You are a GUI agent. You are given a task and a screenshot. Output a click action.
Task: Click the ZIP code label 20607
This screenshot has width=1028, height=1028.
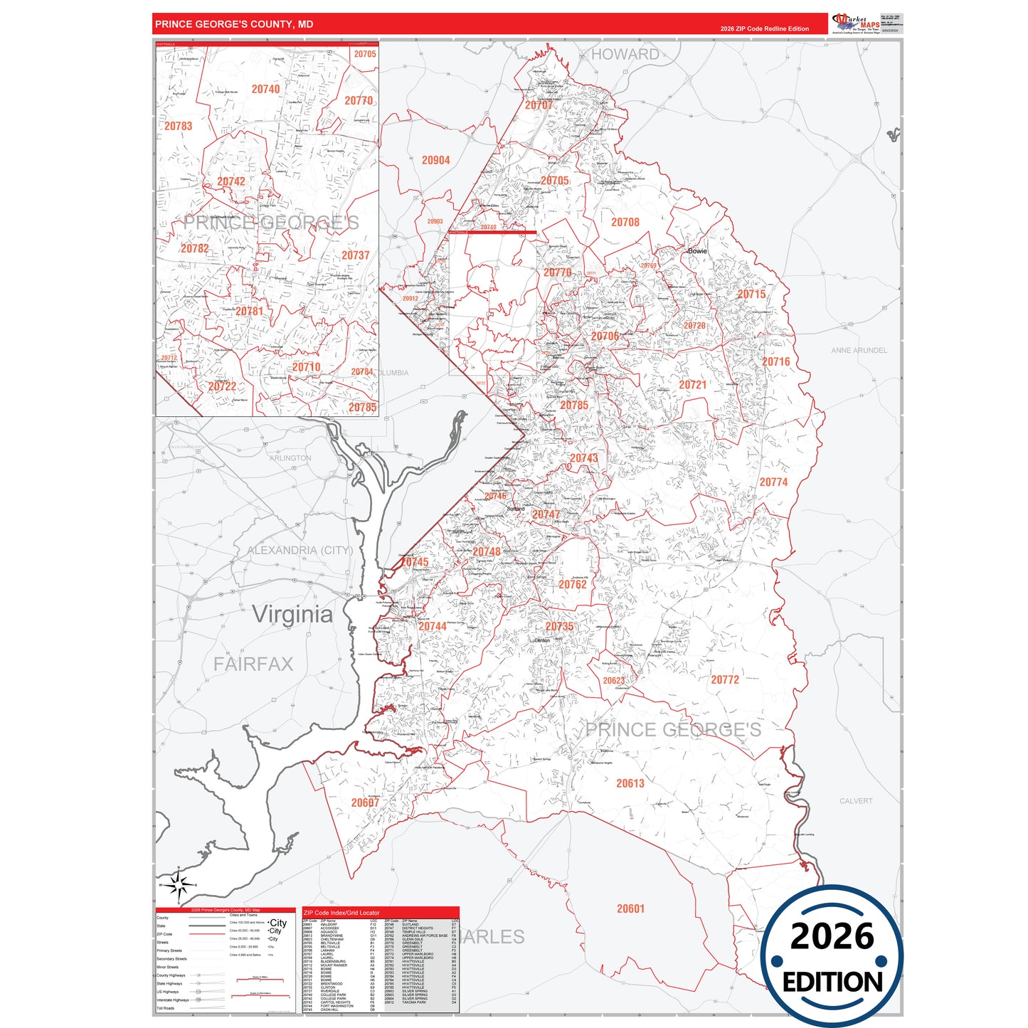pyautogui.click(x=365, y=802)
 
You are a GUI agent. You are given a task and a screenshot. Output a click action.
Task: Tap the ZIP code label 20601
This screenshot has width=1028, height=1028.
pyautogui.click(x=630, y=908)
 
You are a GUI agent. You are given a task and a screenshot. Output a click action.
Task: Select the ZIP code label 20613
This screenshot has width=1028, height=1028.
pyautogui.click(x=630, y=783)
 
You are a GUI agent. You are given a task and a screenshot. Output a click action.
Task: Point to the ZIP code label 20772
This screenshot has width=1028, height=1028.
pyautogui.click(x=725, y=679)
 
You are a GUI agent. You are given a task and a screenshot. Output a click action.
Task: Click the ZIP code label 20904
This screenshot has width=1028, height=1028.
pyautogui.click(x=435, y=160)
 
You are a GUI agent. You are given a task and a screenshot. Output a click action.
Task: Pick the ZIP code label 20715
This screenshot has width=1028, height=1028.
pyautogui.click(x=751, y=294)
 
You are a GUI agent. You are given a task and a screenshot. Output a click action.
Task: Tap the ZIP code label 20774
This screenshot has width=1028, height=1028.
pyautogui.click(x=773, y=482)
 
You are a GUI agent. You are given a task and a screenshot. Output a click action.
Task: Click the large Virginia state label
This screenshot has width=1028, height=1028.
pyautogui.click(x=292, y=614)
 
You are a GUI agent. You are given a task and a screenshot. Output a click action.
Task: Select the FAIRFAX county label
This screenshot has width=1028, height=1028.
pyautogui.click(x=253, y=664)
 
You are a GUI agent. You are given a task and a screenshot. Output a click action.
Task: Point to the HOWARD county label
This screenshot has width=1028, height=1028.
pyautogui.click(x=625, y=54)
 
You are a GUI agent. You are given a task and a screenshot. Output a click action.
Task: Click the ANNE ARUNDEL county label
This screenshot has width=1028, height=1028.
pyautogui.click(x=859, y=350)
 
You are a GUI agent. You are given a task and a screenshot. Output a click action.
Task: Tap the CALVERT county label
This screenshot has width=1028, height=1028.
pyautogui.click(x=855, y=801)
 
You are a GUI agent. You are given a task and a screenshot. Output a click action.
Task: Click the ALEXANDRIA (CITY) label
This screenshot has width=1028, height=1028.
pyautogui.click(x=300, y=550)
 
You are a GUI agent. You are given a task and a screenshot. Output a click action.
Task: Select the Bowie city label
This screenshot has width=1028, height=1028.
pyautogui.click(x=697, y=250)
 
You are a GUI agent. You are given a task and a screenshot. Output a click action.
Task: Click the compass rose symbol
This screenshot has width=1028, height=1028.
pyautogui.click(x=179, y=885)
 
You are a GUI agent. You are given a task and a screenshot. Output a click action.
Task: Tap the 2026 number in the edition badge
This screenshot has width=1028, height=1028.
pyautogui.click(x=832, y=936)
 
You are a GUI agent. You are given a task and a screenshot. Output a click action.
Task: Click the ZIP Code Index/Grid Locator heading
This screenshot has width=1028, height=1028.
pyautogui.click(x=341, y=913)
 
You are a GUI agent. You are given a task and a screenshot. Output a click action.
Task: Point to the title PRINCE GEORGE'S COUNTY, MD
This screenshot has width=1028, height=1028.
pyautogui.click(x=234, y=24)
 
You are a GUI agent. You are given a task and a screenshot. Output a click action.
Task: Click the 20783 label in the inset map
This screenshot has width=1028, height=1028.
pyautogui.click(x=179, y=126)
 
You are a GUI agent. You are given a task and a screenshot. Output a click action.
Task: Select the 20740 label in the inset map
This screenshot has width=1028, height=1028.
pyautogui.click(x=265, y=89)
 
